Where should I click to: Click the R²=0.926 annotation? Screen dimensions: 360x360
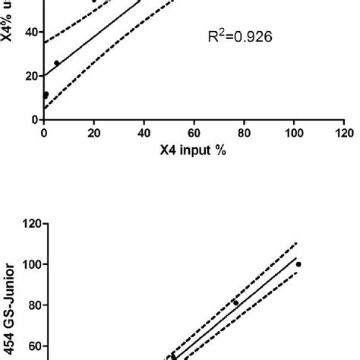pyautogui.click(x=241, y=36)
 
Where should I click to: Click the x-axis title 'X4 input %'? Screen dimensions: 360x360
pyautogui.click(x=194, y=150)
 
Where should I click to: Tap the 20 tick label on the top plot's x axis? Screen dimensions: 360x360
pyautogui.click(x=94, y=132)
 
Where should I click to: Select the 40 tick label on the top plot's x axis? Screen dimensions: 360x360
pyautogui.click(x=144, y=132)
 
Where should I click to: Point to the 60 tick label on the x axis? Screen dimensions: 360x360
pyautogui.click(x=194, y=132)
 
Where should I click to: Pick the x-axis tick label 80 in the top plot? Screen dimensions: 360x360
pyautogui.click(x=244, y=132)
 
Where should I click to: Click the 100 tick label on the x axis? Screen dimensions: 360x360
pyautogui.click(x=294, y=132)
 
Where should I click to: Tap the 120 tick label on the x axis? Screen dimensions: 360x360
pyautogui.click(x=344, y=132)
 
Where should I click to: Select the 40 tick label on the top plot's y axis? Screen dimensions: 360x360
pyautogui.click(x=31, y=33)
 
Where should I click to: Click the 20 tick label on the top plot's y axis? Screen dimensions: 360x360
pyautogui.click(x=31, y=76)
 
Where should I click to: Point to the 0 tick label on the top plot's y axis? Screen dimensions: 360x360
pyautogui.click(x=34, y=120)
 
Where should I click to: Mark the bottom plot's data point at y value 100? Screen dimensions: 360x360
pyautogui.click(x=298, y=264)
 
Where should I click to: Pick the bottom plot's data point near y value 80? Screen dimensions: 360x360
pyautogui.click(x=235, y=303)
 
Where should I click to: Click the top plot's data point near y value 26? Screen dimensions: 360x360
pyautogui.click(x=57, y=63)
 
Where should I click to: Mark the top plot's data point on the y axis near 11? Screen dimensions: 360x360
pyautogui.click(x=46, y=95)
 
